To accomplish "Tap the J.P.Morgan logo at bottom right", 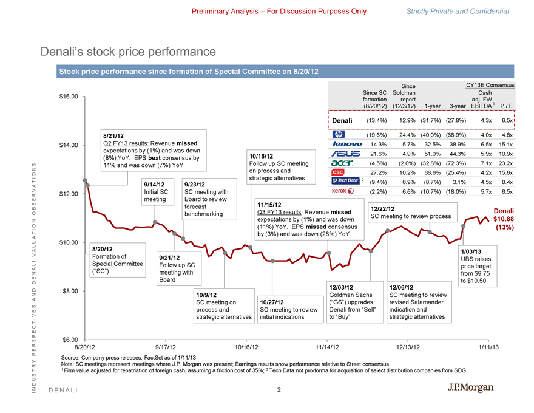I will [470, 388].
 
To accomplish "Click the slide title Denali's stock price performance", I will [128, 52].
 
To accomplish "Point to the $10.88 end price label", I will [504, 219].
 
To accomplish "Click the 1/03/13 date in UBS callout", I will [472, 251].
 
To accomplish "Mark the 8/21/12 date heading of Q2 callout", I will [115, 137].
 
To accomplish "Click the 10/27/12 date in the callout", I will [272, 302].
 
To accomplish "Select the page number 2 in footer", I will [279, 391].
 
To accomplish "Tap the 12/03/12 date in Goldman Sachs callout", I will [340, 287].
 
